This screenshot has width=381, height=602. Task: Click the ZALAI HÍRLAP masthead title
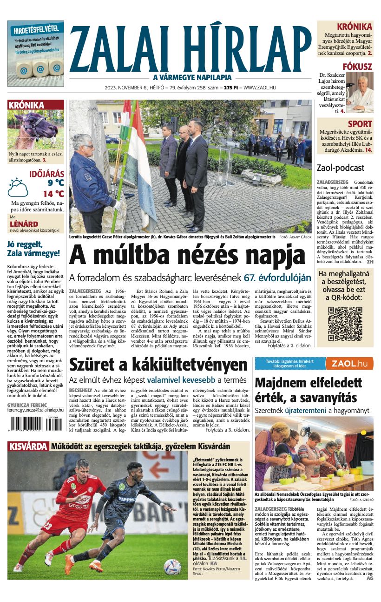(190, 47)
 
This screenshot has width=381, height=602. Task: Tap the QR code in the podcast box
(344, 323)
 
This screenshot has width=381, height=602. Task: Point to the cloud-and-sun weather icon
(18, 187)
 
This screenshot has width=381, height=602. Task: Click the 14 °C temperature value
(53, 194)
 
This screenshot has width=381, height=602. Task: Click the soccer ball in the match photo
(172, 567)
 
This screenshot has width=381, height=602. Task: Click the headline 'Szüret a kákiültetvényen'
(158, 365)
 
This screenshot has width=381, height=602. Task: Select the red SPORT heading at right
(360, 124)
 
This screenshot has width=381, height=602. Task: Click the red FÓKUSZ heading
(357, 67)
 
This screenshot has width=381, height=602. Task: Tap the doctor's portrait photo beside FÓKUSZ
(360, 91)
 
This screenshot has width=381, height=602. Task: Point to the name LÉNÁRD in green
(24, 224)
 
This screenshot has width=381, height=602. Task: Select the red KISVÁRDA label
(28, 446)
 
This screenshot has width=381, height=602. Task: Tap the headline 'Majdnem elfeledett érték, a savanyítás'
(308, 390)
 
